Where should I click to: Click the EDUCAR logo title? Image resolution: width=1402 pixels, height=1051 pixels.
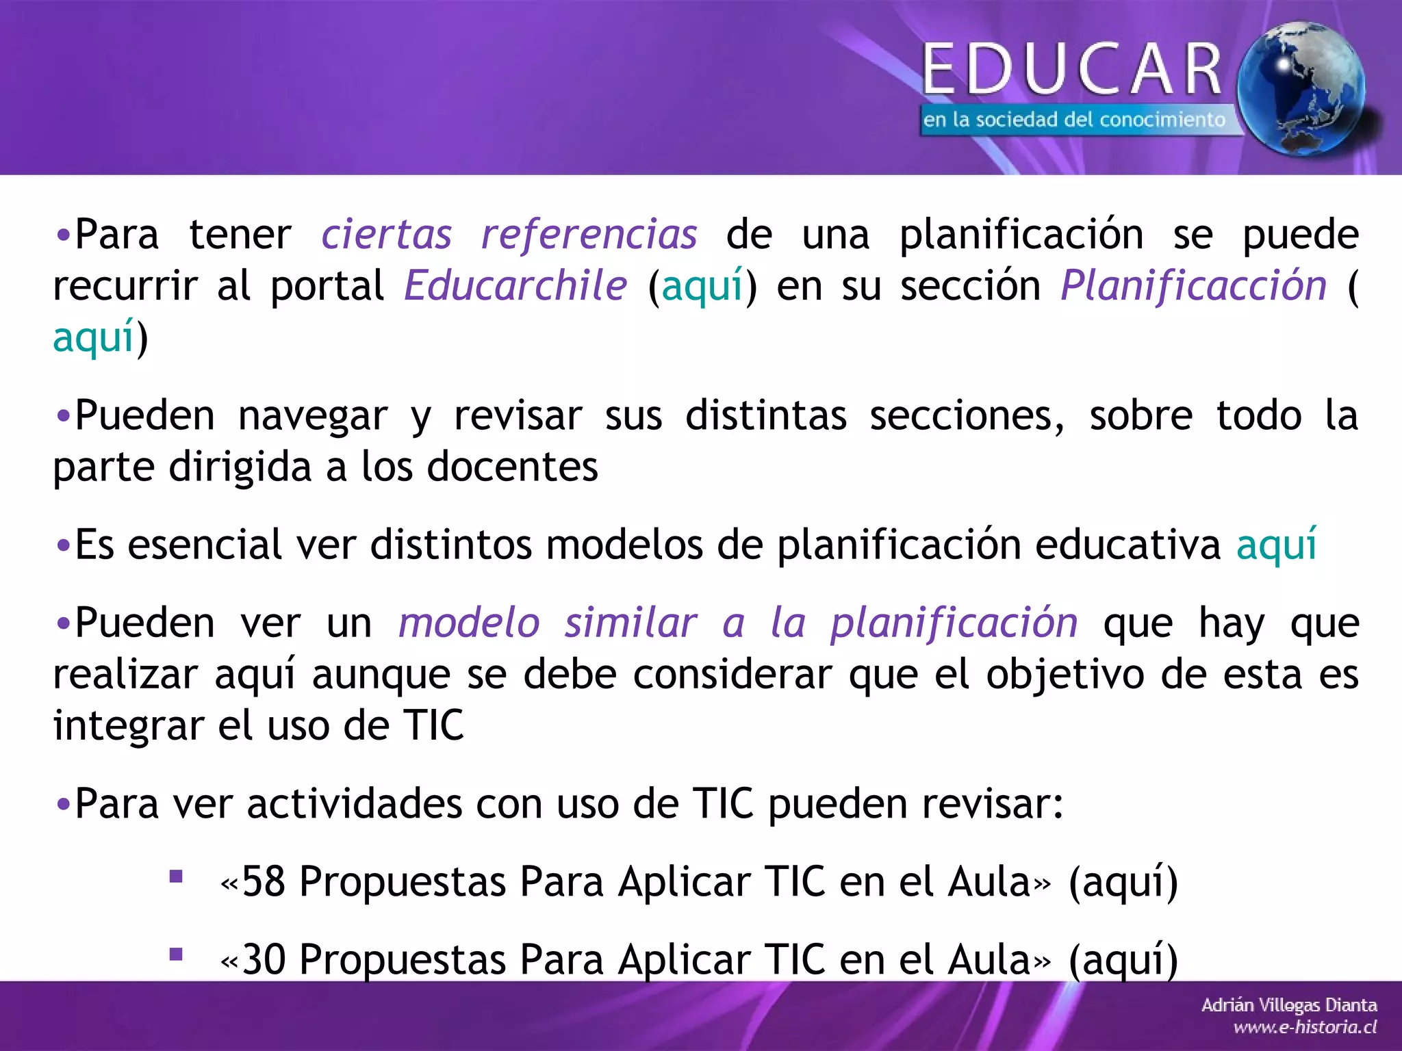pos(1072,68)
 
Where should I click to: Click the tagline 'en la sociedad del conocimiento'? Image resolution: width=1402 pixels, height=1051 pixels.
pos(1073,120)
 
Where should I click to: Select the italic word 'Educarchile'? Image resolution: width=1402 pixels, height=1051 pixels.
pos(515,285)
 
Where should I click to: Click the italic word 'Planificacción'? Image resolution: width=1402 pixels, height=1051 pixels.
pos(1193,285)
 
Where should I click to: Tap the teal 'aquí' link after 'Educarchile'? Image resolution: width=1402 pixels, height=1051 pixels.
pos(702,287)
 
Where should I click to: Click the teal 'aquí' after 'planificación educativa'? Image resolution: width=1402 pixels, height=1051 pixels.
pos(1276,545)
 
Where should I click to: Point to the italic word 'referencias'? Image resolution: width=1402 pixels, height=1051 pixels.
pos(589,235)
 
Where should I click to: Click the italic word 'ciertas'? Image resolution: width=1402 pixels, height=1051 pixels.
pos(387,235)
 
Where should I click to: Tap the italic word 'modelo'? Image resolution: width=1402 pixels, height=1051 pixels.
pos(470,623)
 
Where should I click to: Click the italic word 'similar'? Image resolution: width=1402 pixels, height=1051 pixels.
pos(630,623)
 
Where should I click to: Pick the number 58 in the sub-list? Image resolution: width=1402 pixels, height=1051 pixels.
pos(264,881)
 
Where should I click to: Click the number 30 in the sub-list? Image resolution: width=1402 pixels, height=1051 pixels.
pos(264,959)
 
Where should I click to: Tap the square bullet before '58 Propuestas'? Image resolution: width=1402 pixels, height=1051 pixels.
pos(176,877)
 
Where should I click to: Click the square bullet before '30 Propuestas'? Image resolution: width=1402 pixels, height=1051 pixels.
pos(176,955)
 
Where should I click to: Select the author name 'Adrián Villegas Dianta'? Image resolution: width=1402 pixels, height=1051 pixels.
pos(1289,1005)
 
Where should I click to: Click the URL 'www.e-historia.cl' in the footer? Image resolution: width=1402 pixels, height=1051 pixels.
pos(1305,1027)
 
